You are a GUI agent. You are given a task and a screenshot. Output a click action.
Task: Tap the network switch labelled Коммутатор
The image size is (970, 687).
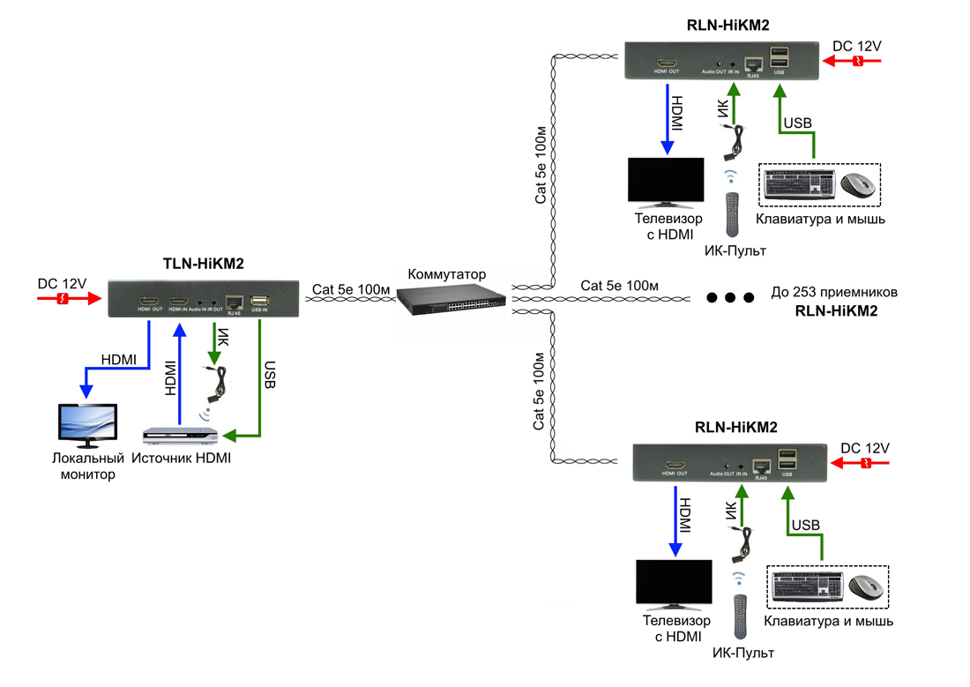(x=451, y=300)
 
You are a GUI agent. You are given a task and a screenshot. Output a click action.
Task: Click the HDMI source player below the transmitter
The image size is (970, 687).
(x=181, y=437)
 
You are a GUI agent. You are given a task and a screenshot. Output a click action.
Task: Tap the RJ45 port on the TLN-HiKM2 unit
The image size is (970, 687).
(x=235, y=301)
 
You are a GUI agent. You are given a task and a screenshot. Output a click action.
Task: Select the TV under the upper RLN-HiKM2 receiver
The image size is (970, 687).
(x=665, y=183)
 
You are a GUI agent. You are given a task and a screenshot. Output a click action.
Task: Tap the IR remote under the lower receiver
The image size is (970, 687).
(x=741, y=616)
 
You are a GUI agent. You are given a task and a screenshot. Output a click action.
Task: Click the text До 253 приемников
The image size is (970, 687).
(x=833, y=293)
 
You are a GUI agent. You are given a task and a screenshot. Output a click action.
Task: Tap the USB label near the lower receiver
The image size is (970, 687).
(x=805, y=526)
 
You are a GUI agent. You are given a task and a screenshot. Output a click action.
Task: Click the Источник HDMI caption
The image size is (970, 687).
(x=181, y=458)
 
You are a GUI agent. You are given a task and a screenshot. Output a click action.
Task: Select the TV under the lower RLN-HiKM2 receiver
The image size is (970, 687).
(x=674, y=583)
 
